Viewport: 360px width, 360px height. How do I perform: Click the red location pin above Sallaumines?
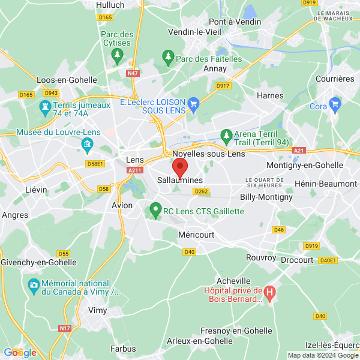point(180,166)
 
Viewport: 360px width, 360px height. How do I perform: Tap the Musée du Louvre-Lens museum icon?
point(87,145)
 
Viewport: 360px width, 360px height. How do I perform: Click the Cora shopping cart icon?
point(335,106)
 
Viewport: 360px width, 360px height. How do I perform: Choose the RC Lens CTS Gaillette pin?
point(155,211)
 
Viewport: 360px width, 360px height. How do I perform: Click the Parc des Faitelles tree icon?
point(168,58)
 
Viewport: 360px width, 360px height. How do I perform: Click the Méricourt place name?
point(196,235)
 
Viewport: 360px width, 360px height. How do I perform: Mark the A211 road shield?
point(134,171)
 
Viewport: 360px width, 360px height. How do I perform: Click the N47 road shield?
point(133,73)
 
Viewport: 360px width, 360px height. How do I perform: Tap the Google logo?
point(20,352)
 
